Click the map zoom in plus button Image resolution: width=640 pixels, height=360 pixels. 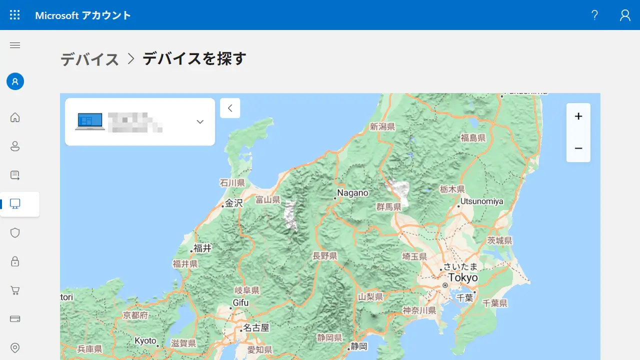point(578,116)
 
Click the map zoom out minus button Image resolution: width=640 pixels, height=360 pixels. point(578,148)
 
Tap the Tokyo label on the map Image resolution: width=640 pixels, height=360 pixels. point(462,277)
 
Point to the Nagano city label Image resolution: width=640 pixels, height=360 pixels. point(352,193)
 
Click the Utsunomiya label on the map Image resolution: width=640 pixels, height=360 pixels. point(481,201)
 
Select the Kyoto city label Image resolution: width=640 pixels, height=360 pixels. point(145,341)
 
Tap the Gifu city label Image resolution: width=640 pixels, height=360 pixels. point(240,302)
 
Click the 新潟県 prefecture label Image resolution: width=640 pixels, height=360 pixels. point(382,126)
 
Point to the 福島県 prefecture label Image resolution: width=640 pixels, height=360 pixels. point(473,137)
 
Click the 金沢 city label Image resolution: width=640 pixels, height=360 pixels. point(233,203)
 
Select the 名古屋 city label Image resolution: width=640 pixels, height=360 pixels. point(256,328)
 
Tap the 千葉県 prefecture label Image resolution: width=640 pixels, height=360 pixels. point(495,303)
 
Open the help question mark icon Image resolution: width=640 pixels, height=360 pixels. point(594,15)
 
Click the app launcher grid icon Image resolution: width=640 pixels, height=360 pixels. point(15,15)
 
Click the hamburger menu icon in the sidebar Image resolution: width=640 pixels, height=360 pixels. point(15,45)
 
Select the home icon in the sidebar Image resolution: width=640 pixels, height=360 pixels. point(15,117)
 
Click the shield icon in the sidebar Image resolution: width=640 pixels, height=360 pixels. point(15,232)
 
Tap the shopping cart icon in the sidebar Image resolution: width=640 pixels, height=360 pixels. point(15,290)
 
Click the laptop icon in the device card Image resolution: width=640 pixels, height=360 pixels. point(90,121)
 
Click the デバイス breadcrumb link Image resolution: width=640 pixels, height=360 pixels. point(90,59)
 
